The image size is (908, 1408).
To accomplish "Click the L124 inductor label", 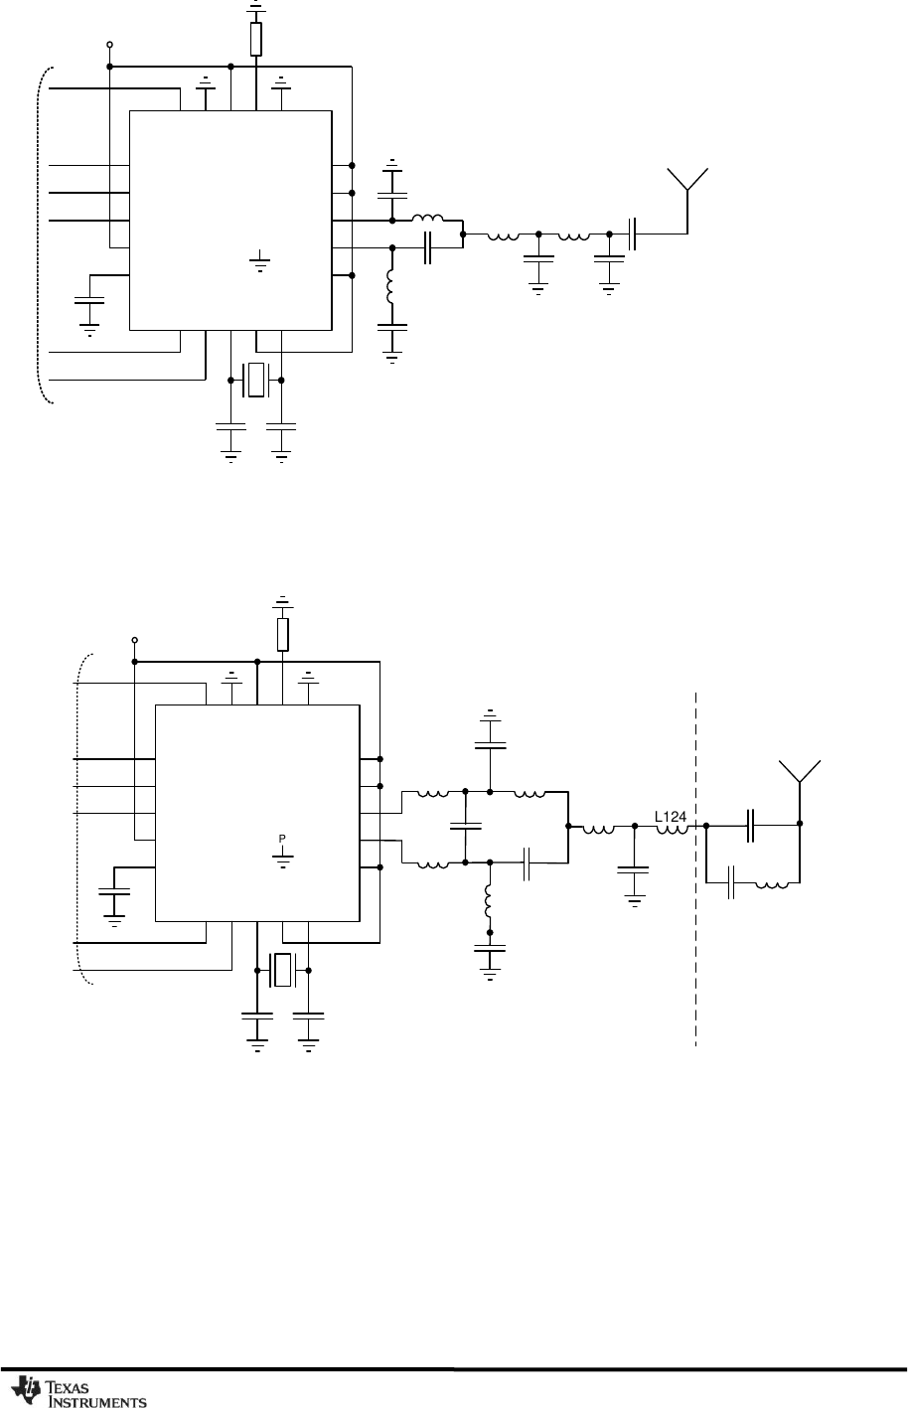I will tap(671, 817).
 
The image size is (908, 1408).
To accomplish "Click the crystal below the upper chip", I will tap(256, 381).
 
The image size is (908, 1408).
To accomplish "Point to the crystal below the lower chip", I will tap(283, 970).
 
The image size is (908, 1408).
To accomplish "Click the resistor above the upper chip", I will tap(256, 40).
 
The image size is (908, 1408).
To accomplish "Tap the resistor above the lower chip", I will tap(283, 633).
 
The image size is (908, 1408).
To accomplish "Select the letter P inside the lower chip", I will tap(282, 839).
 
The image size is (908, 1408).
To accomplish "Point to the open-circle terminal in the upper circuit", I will tap(108, 45).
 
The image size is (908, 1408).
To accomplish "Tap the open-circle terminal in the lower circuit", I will tap(134, 640).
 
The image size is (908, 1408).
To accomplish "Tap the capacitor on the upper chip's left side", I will tap(89, 301).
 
